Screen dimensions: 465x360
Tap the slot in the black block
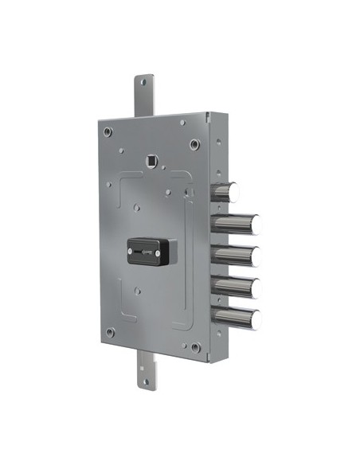(x=149, y=251)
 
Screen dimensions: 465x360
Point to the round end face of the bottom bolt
(x=256, y=317)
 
